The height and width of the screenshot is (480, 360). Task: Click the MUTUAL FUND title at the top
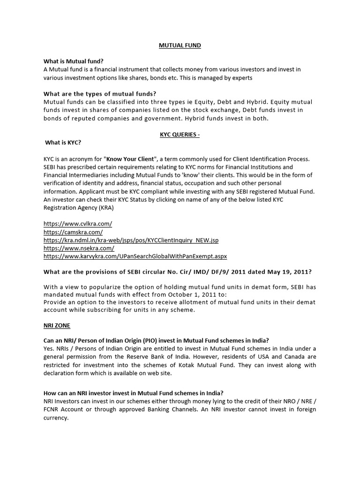[180, 46]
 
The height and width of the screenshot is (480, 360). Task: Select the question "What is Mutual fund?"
[74, 61]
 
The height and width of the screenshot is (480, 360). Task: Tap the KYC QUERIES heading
[180, 135]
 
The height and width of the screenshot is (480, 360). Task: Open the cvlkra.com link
[78, 224]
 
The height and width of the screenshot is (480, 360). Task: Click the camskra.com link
[73, 232]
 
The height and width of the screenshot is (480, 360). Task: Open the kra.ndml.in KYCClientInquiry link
[131, 240]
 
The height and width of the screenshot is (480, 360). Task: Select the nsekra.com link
[79, 248]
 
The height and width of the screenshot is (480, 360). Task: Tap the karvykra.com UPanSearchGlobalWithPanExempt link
[135, 256]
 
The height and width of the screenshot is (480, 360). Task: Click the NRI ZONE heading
[57, 325]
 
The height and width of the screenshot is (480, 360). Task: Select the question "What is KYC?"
[66, 142]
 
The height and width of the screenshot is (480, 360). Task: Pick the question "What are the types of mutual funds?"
[100, 94]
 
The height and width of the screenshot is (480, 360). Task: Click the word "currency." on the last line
[56, 418]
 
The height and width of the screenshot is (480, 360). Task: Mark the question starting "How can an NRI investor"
[133, 393]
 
